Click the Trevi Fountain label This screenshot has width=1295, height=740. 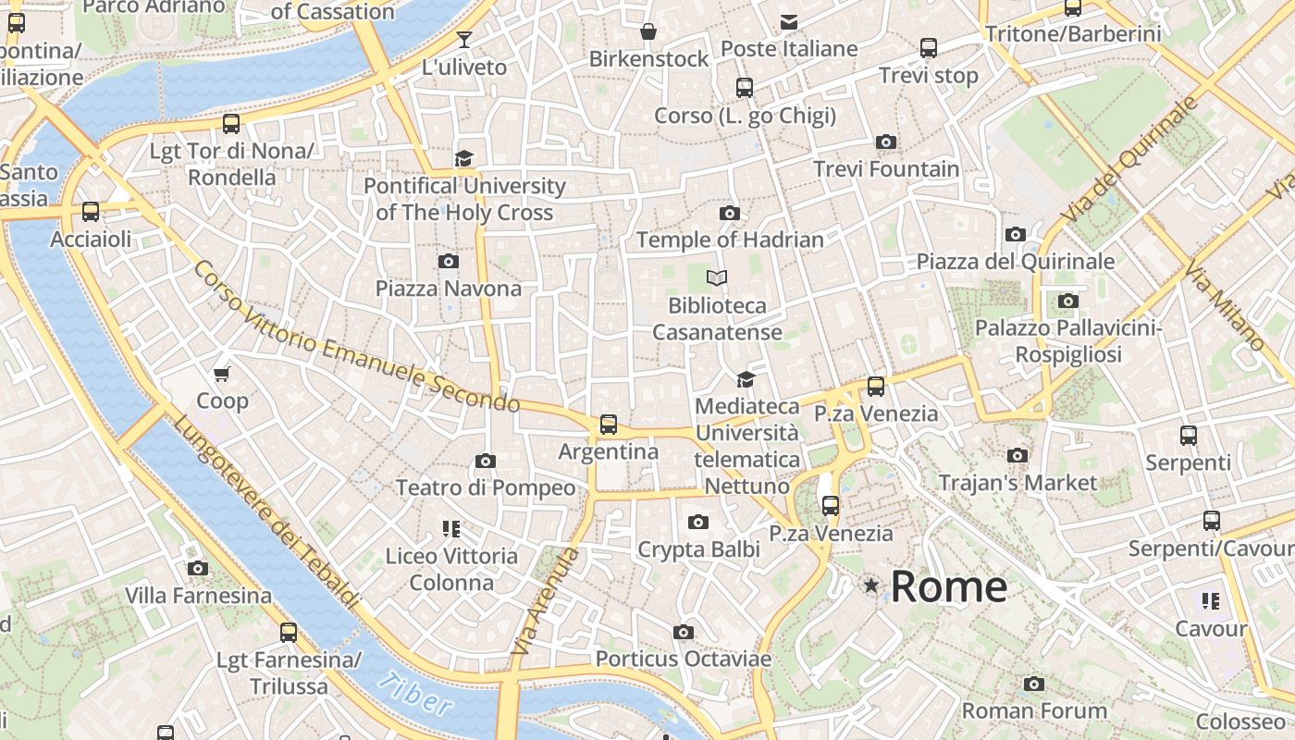(886, 169)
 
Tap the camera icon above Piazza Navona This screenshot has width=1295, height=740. (449, 261)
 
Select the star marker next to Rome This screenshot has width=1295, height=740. (870, 586)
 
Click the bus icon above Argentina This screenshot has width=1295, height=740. (608, 425)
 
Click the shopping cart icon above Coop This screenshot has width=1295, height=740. (221, 374)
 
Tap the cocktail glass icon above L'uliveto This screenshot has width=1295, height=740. (463, 39)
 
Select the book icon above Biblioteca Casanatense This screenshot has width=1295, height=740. (716, 277)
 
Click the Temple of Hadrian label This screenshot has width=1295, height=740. (729, 240)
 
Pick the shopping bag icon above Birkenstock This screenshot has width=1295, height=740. (648, 31)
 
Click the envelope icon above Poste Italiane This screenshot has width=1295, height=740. (788, 21)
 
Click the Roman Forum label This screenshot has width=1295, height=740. (1034, 711)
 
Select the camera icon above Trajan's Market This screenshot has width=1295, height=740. (1017, 455)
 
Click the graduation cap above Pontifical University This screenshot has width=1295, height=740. (463, 158)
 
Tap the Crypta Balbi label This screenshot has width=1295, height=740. (698, 549)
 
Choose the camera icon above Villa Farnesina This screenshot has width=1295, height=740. (197, 568)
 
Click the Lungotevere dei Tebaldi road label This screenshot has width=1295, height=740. (265, 512)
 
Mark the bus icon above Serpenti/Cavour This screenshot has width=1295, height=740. (1212, 521)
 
